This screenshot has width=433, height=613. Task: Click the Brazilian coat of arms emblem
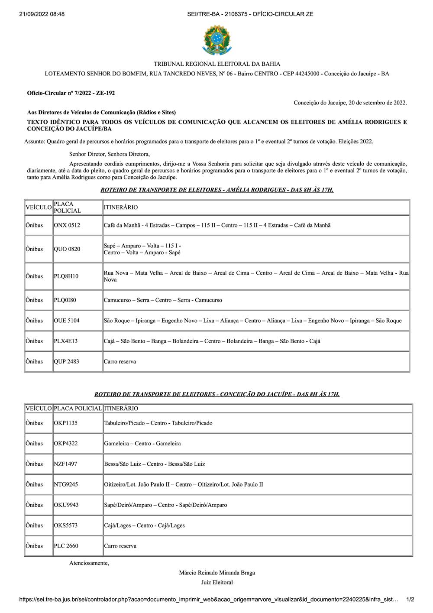point(217,40)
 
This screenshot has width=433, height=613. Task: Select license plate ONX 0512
point(67,225)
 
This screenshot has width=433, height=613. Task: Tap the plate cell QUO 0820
point(67,249)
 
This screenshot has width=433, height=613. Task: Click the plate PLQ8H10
point(66,276)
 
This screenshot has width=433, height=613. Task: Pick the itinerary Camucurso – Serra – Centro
point(163,300)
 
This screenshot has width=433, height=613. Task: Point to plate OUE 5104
point(66,321)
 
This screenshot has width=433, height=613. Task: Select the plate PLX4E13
point(65,341)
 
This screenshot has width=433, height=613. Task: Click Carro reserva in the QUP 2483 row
point(120,362)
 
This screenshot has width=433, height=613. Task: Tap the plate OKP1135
point(65,423)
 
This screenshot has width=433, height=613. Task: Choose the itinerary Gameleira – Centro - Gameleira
point(142,444)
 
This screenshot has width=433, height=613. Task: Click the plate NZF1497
point(65,464)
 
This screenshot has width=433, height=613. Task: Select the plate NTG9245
point(66,484)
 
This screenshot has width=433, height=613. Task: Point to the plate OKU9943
point(66,505)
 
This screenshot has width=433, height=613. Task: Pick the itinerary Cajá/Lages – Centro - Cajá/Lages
point(144,525)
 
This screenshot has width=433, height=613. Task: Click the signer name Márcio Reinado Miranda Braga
point(217,573)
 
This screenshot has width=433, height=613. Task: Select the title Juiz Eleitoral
point(217,583)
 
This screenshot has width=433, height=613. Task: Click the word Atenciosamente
point(89,563)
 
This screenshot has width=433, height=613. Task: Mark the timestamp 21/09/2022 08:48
point(42,14)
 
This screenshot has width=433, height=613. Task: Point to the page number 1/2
point(410,600)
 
